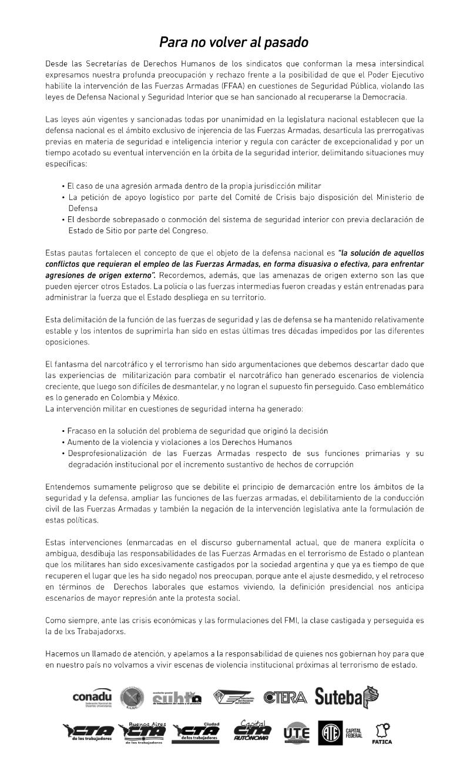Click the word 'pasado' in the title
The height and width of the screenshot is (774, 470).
283,43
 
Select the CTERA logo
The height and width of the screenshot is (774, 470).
285,698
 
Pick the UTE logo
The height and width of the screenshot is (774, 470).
296,733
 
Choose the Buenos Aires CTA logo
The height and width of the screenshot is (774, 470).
142,732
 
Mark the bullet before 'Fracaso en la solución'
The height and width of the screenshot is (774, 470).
63,431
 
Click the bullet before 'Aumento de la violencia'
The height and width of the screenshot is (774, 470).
63,442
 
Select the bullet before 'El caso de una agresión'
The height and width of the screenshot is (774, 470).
63,186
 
